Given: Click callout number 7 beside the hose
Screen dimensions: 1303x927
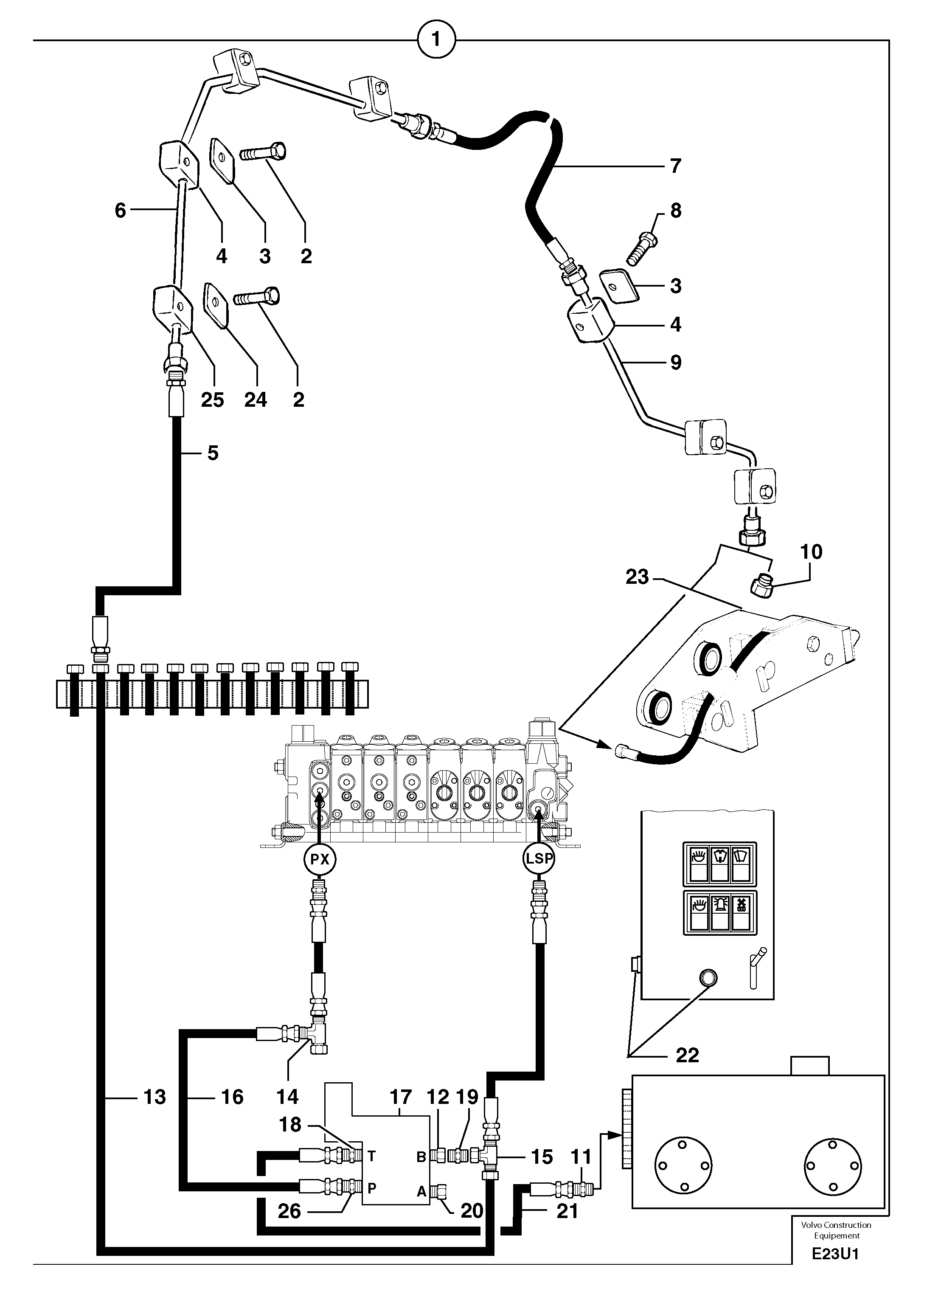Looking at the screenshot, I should (675, 166).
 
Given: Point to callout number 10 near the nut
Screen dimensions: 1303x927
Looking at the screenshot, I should (812, 552).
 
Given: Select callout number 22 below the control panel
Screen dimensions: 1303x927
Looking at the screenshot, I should (687, 1055).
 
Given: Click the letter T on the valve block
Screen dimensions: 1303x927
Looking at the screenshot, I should (371, 1156).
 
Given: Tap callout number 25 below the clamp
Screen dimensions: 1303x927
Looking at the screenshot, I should (212, 400).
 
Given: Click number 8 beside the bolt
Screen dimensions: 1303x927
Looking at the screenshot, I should (675, 211).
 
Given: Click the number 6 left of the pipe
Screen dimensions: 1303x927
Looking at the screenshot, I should (120, 211).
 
